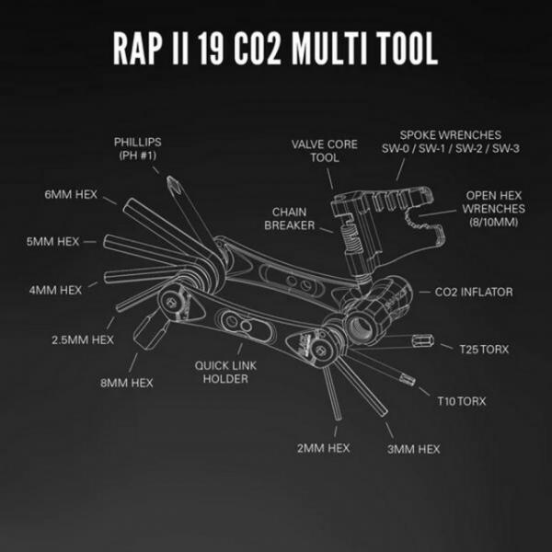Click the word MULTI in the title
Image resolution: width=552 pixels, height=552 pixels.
(x=329, y=49)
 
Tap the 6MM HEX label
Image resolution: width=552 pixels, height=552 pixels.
(x=71, y=194)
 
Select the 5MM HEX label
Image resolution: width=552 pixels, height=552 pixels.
(x=52, y=241)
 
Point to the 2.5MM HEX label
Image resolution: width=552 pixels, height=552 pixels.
(x=83, y=339)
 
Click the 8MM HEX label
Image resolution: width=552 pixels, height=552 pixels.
(x=127, y=383)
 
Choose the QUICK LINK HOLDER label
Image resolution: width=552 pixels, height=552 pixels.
(x=225, y=372)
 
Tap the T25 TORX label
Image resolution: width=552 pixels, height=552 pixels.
(x=485, y=350)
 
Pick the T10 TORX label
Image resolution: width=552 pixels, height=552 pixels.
(x=462, y=401)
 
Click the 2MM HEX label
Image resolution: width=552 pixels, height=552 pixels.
(x=324, y=448)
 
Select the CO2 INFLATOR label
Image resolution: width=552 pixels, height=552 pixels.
(x=474, y=292)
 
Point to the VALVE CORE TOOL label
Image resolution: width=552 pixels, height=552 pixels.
(x=325, y=151)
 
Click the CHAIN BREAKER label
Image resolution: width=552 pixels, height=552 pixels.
(x=290, y=219)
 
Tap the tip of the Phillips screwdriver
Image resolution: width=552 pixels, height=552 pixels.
(x=171, y=178)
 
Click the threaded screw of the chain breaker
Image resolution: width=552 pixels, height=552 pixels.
(x=351, y=238)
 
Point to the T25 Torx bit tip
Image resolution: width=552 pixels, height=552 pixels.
(x=423, y=340)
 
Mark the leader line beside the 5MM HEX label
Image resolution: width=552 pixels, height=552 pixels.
(x=90, y=242)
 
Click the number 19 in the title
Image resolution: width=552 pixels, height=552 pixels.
(x=211, y=49)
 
